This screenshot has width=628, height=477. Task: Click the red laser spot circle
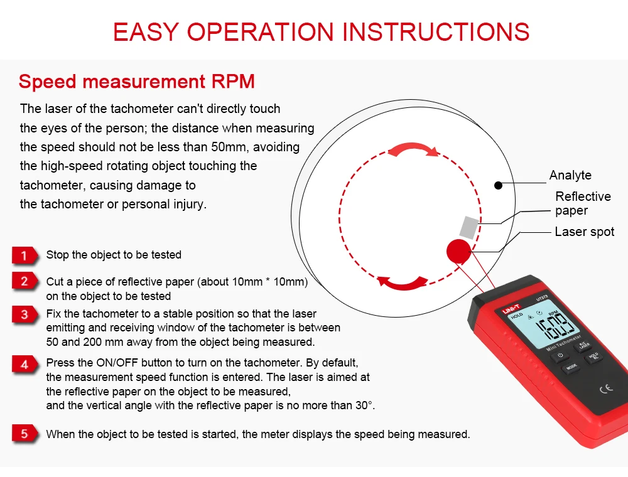click(x=460, y=252)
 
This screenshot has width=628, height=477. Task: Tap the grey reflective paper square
click(x=471, y=225)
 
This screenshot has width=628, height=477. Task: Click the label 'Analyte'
click(x=570, y=175)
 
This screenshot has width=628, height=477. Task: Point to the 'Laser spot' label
click(x=584, y=232)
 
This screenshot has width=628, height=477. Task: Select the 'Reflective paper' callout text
click(x=582, y=204)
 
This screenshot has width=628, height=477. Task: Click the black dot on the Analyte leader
click(x=497, y=185)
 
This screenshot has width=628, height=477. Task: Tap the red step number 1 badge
click(x=24, y=255)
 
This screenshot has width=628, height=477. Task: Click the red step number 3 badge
click(x=24, y=314)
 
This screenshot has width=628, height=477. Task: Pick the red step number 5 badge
click(x=24, y=434)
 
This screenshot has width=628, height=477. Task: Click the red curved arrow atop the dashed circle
click(x=413, y=149)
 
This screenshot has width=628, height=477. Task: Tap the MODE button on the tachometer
click(x=571, y=367)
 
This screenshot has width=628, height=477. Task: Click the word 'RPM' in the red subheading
click(x=233, y=82)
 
